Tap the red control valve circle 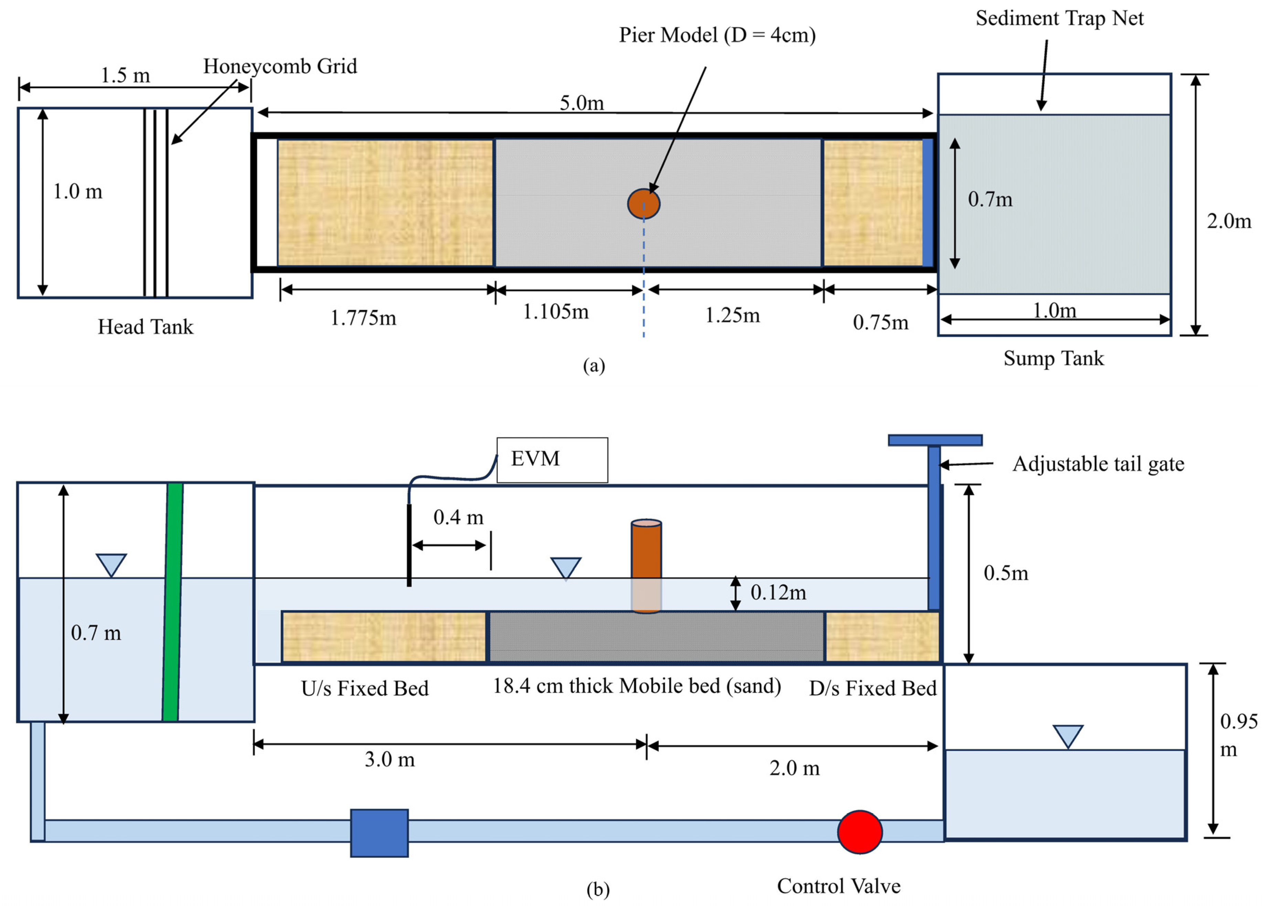[x=859, y=832]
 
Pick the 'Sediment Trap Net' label [x=1059, y=18]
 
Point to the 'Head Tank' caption [x=146, y=327]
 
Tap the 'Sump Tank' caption [x=1053, y=358]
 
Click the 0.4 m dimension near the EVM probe [x=458, y=517]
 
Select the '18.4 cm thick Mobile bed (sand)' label [x=637, y=686]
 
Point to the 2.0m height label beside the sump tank [x=1229, y=221]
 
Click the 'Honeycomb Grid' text [x=280, y=66]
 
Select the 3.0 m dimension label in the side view [x=390, y=759]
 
